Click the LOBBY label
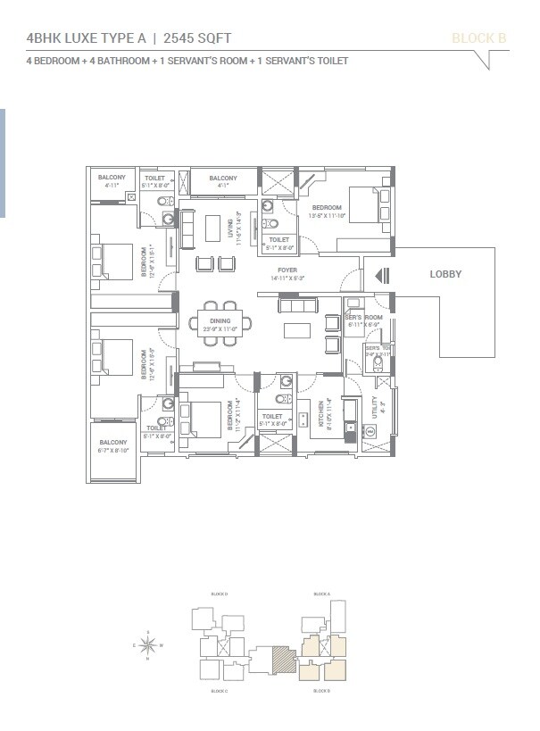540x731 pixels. [x=445, y=274]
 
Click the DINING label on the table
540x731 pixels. [x=220, y=321]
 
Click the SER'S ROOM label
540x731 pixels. [x=364, y=318]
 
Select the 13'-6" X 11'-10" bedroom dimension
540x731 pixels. [x=327, y=215]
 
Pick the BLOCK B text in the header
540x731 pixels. [x=478, y=37]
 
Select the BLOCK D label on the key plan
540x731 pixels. [x=219, y=594]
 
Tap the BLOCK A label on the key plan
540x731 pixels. [x=322, y=594]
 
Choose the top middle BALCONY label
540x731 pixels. [x=222, y=179]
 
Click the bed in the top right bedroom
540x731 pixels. [x=364, y=205]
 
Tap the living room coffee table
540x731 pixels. [x=211, y=228]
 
